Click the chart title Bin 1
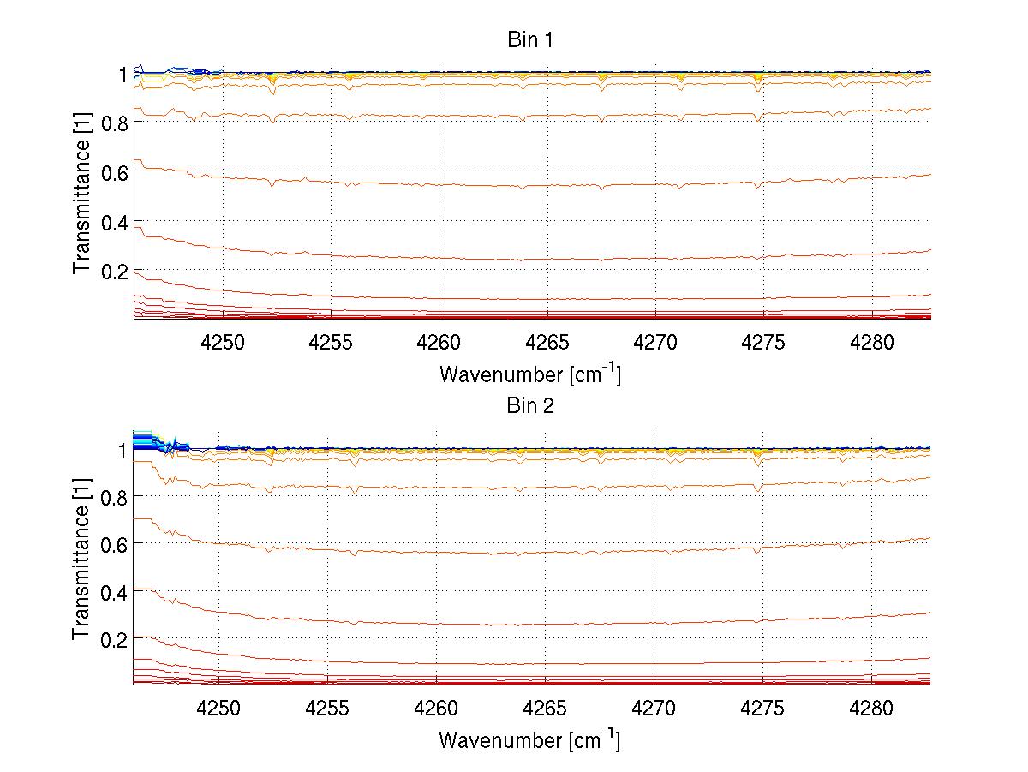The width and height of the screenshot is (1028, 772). tap(529, 40)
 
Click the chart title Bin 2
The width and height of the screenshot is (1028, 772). tap(529, 405)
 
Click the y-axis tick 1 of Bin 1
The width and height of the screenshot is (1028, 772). tap(123, 75)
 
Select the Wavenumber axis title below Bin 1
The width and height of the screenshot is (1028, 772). tap(529, 374)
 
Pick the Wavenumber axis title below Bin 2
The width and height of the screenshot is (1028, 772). tap(529, 739)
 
